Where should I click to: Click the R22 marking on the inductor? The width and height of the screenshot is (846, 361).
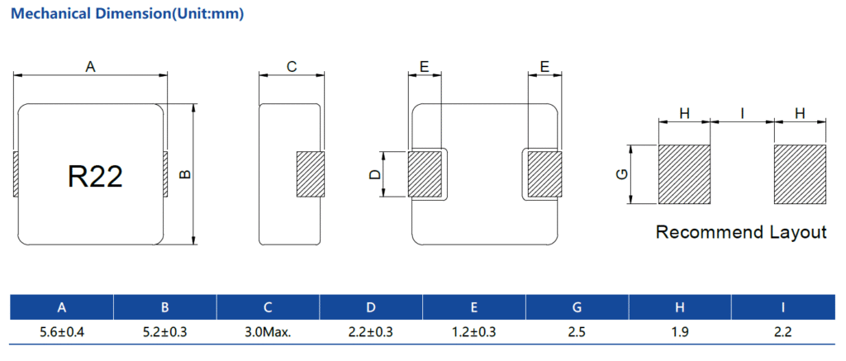[x=95, y=176]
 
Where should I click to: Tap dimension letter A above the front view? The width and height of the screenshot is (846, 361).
[x=91, y=67]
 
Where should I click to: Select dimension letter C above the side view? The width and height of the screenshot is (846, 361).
[x=292, y=67]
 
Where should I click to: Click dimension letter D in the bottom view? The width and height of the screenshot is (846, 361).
[x=374, y=174]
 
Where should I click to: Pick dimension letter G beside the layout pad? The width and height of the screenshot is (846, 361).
[x=622, y=174]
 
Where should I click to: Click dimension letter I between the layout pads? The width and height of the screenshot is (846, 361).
[x=743, y=113]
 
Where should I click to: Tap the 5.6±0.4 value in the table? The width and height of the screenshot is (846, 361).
[x=61, y=332]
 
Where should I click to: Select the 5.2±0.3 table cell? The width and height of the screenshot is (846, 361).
[x=164, y=332]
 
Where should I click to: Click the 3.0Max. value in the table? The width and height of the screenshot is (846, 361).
[x=268, y=332]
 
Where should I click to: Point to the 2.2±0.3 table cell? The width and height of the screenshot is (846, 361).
[x=371, y=332]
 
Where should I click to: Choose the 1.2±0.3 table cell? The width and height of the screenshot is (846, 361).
[x=473, y=332]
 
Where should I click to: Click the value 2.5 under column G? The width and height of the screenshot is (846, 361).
[x=577, y=332]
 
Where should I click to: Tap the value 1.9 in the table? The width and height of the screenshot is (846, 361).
[x=679, y=332]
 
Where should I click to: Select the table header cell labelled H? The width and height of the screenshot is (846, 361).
[x=679, y=307]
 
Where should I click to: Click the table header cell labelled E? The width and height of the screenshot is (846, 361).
[x=473, y=307]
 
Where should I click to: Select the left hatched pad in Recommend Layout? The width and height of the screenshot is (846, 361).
[x=684, y=174]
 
